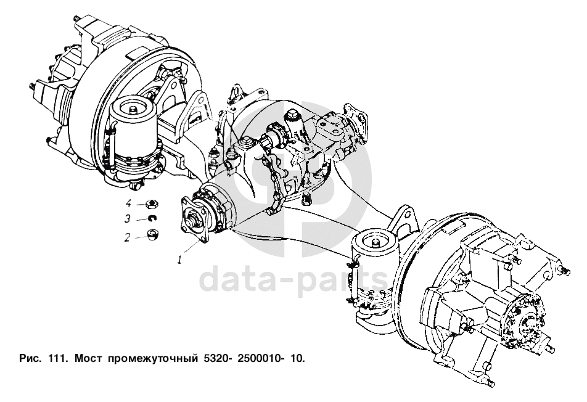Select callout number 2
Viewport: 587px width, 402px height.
[x=128, y=237]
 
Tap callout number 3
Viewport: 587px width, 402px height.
[x=128, y=218]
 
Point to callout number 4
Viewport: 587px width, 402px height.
[x=128, y=203]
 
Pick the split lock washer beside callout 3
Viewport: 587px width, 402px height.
[x=153, y=218]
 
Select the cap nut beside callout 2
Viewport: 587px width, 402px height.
[x=152, y=235]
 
